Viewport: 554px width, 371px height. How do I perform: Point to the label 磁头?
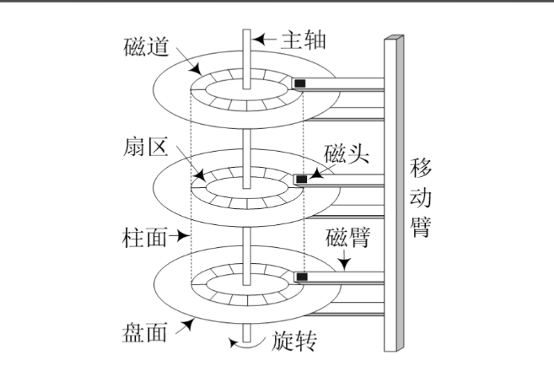tap(344, 155)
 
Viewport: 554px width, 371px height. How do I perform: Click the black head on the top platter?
tap(299, 83)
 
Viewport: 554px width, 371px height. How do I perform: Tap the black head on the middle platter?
tap(299, 180)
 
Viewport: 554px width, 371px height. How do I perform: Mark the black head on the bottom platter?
tap(299, 277)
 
